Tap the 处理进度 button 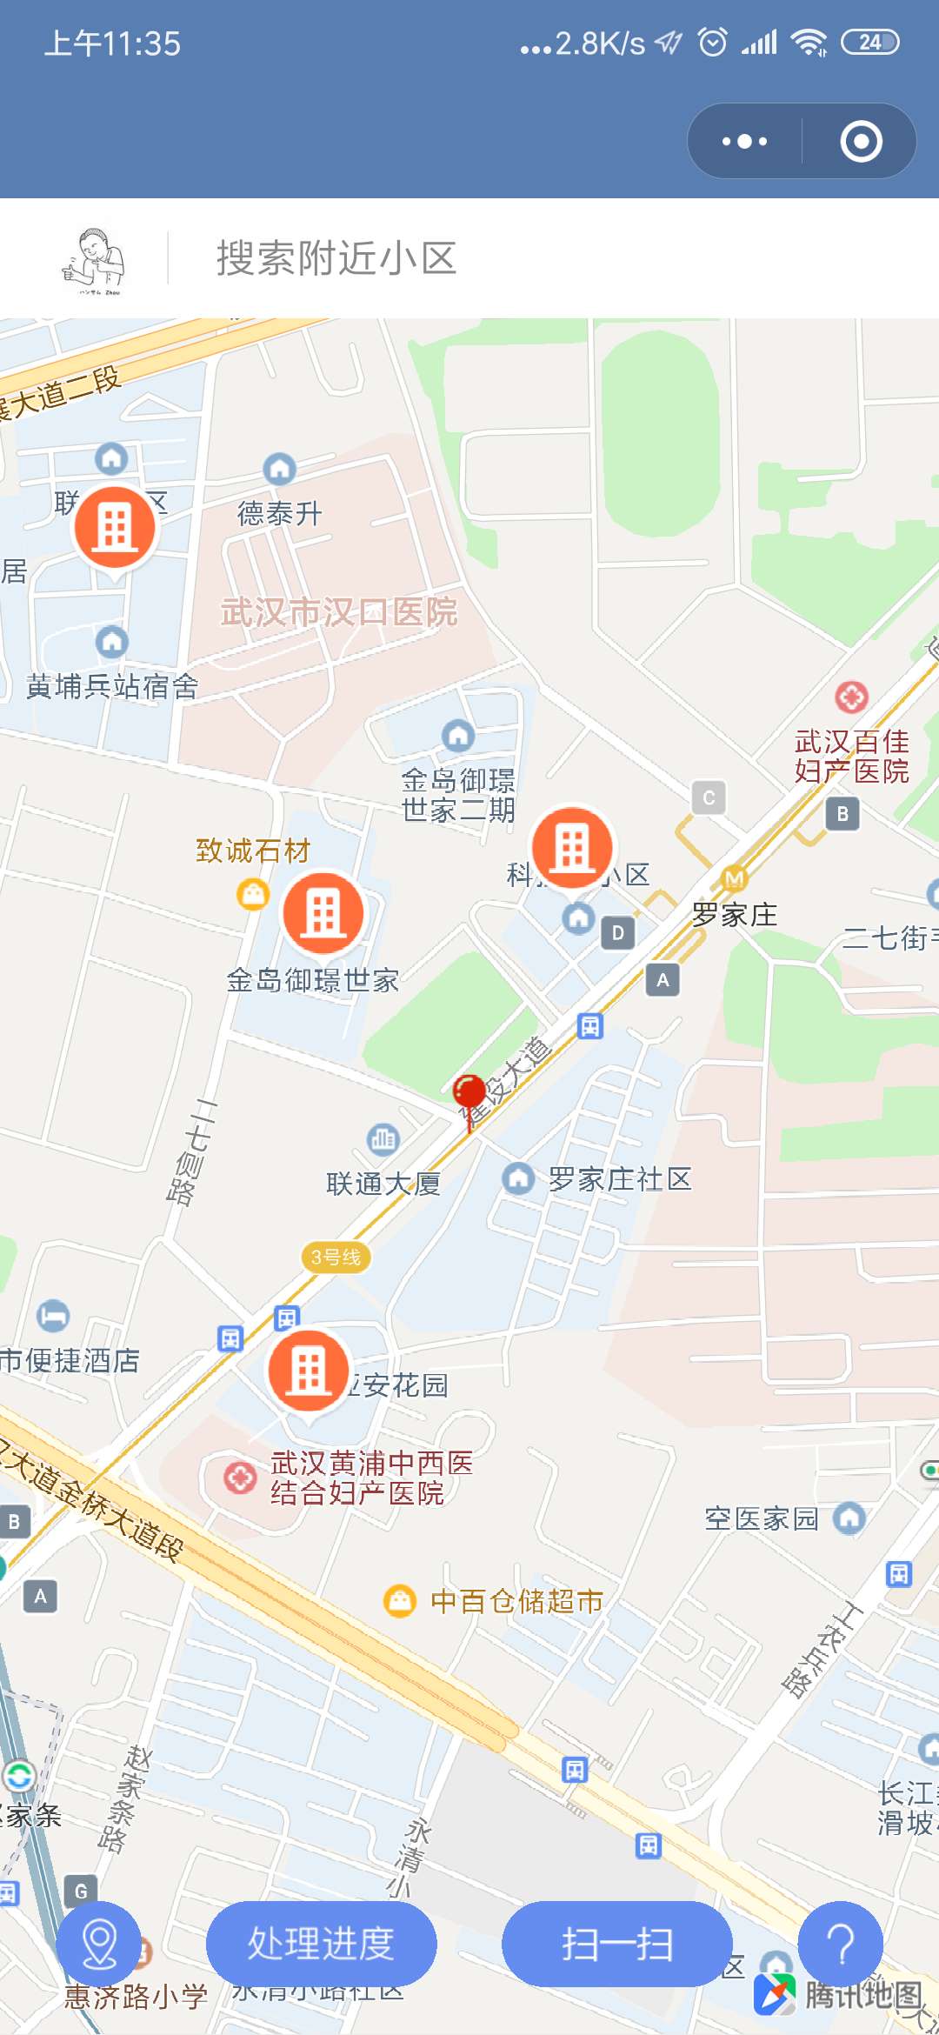point(321,1944)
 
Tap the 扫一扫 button point(616,1944)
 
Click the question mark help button point(840,1944)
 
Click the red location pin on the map point(469,1092)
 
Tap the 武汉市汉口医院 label point(339,612)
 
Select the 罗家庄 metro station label point(735,914)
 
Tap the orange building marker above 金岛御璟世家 point(323,913)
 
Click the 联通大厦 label point(383,1184)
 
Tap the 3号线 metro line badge point(336,1257)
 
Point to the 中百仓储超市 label point(516,1601)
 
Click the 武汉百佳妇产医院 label point(851,756)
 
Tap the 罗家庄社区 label point(620,1179)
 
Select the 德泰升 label point(280,513)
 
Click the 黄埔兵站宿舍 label point(112,687)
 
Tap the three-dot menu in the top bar point(745,141)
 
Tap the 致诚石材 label point(253,851)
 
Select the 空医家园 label point(762,1518)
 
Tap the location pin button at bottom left point(98,1944)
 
